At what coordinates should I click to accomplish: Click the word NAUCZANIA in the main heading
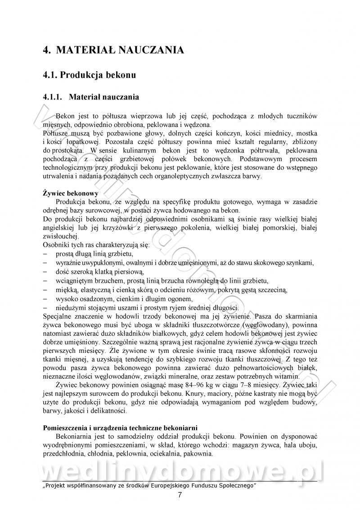pyautogui.click(x=150, y=50)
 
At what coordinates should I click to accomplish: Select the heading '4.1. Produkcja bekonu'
pyautogui.click(x=89, y=75)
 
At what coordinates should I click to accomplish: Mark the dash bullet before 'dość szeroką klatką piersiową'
pyautogui.click(x=45, y=272)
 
